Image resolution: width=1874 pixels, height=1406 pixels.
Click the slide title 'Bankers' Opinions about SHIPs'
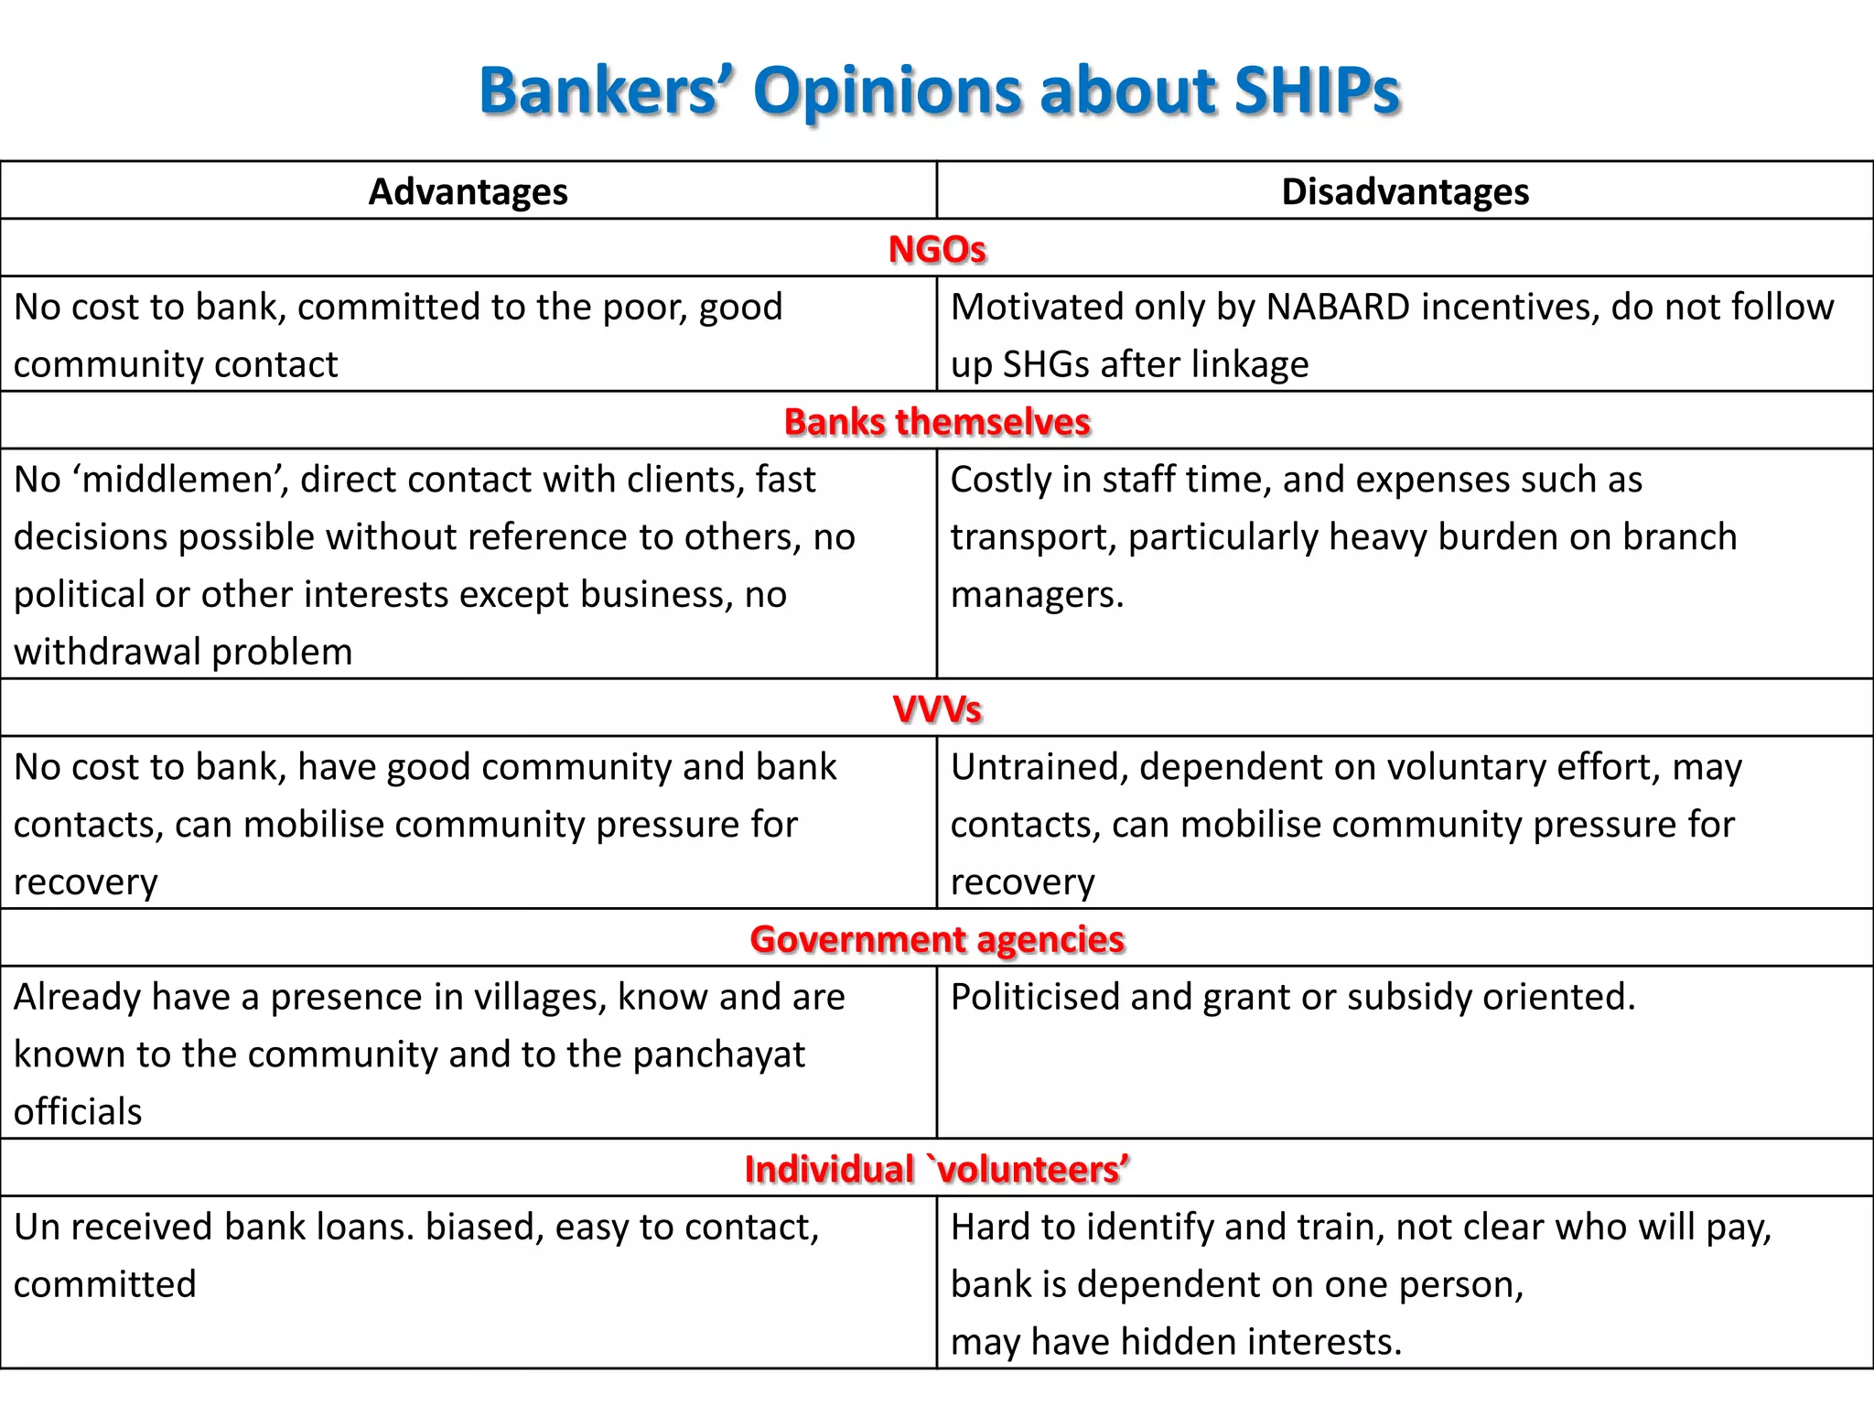click(x=939, y=92)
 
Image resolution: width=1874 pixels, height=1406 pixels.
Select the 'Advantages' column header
click(x=468, y=192)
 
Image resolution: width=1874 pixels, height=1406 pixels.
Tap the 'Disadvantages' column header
click(x=1405, y=192)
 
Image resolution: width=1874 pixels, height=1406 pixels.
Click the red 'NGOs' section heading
click(x=937, y=249)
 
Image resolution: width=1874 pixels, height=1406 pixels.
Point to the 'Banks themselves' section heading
click(x=937, y=422)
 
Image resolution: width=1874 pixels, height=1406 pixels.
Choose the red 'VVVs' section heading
click(x=937, y=709)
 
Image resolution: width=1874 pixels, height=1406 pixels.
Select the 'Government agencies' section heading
click(x=937, y=939)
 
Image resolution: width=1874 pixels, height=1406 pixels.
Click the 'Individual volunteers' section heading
click(x=937, y=1169)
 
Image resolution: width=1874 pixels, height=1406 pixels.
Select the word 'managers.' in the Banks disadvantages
click(x=1037, y=595)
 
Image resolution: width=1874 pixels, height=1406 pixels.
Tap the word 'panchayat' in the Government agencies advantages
click(x=718, y=1054)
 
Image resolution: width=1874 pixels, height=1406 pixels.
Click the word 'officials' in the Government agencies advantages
click(x=78, y=1112)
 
